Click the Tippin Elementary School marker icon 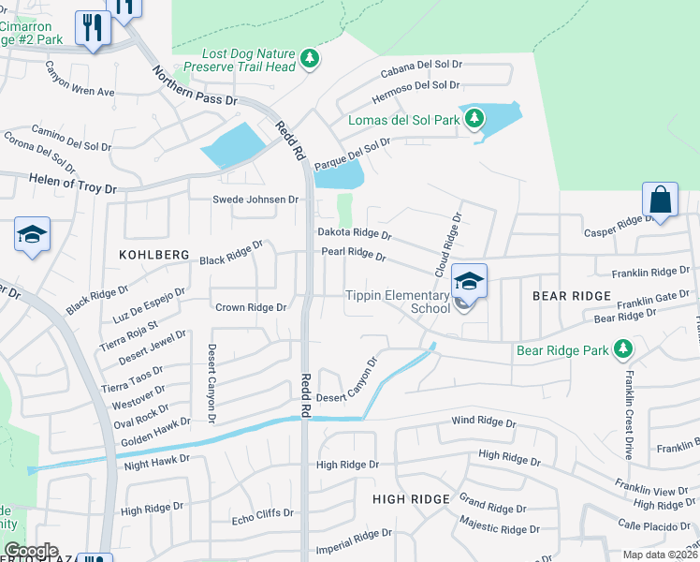[469, 279]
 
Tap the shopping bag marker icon [660, 200]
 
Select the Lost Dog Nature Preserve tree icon [310, 60]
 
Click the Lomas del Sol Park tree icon [475, 119]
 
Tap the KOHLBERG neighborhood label [154, 255]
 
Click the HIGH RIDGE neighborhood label [412, 499]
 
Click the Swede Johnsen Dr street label [255, 200]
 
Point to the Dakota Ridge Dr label [354, 233]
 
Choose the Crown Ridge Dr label [251, 307]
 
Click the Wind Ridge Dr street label [483, 423]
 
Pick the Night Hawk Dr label [157, 460]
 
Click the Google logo [30, 551]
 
